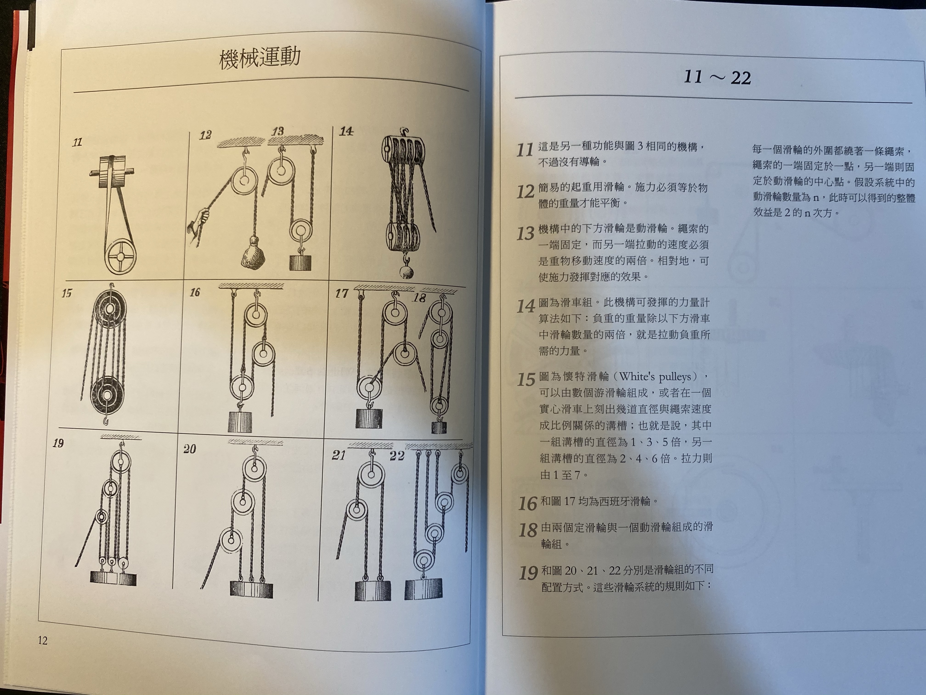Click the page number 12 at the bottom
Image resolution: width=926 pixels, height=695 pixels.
tap(43, 641)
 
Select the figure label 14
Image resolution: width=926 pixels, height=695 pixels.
tap(346, 131)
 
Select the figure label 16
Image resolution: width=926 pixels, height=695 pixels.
tap(195, 292)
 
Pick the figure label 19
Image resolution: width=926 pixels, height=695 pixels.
tap(58, 443)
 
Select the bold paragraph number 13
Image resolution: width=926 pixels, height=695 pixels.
tap(526, 233)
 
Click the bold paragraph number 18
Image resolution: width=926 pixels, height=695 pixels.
tap(528, 530)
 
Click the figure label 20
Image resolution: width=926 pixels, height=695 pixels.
tap(190, 449)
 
